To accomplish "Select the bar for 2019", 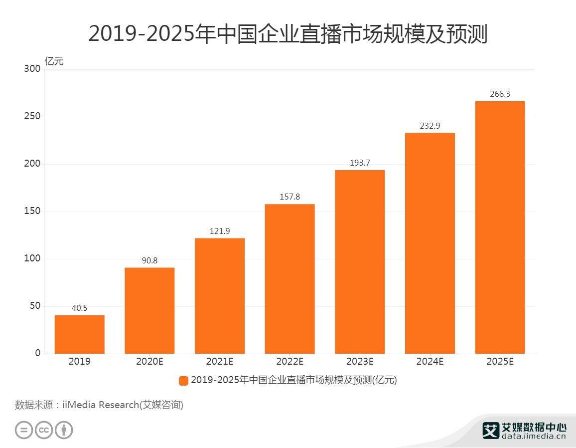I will [80, 334].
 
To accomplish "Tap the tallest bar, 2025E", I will [500, 227].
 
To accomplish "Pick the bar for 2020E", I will [149, 310].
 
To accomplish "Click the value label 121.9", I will [219, 231].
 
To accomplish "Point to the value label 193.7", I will [360, 163].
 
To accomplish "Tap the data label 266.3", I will [500, 94].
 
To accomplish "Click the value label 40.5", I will [79, 308].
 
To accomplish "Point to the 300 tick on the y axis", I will [32, 69].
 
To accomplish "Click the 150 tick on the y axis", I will [32, 211].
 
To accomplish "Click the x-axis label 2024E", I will [430, 362].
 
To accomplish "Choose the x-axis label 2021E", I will [219, 362].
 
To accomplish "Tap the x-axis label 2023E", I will [360, 362].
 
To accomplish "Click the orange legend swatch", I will [183, 381].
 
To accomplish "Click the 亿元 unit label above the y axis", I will [54, 62].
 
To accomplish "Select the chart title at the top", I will [288, 34].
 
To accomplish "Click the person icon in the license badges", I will [64, 430].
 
